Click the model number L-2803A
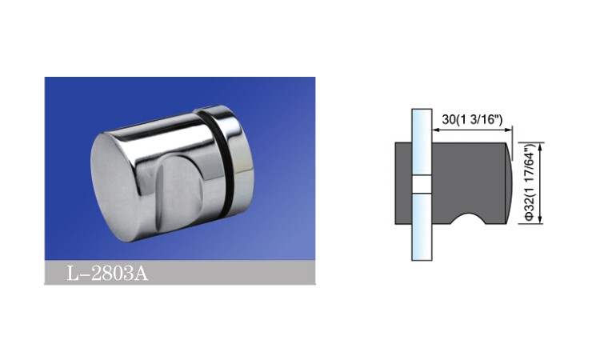107,274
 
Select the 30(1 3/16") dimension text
471,119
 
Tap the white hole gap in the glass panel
422,184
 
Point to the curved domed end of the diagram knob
508,183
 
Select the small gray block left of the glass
403,183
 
